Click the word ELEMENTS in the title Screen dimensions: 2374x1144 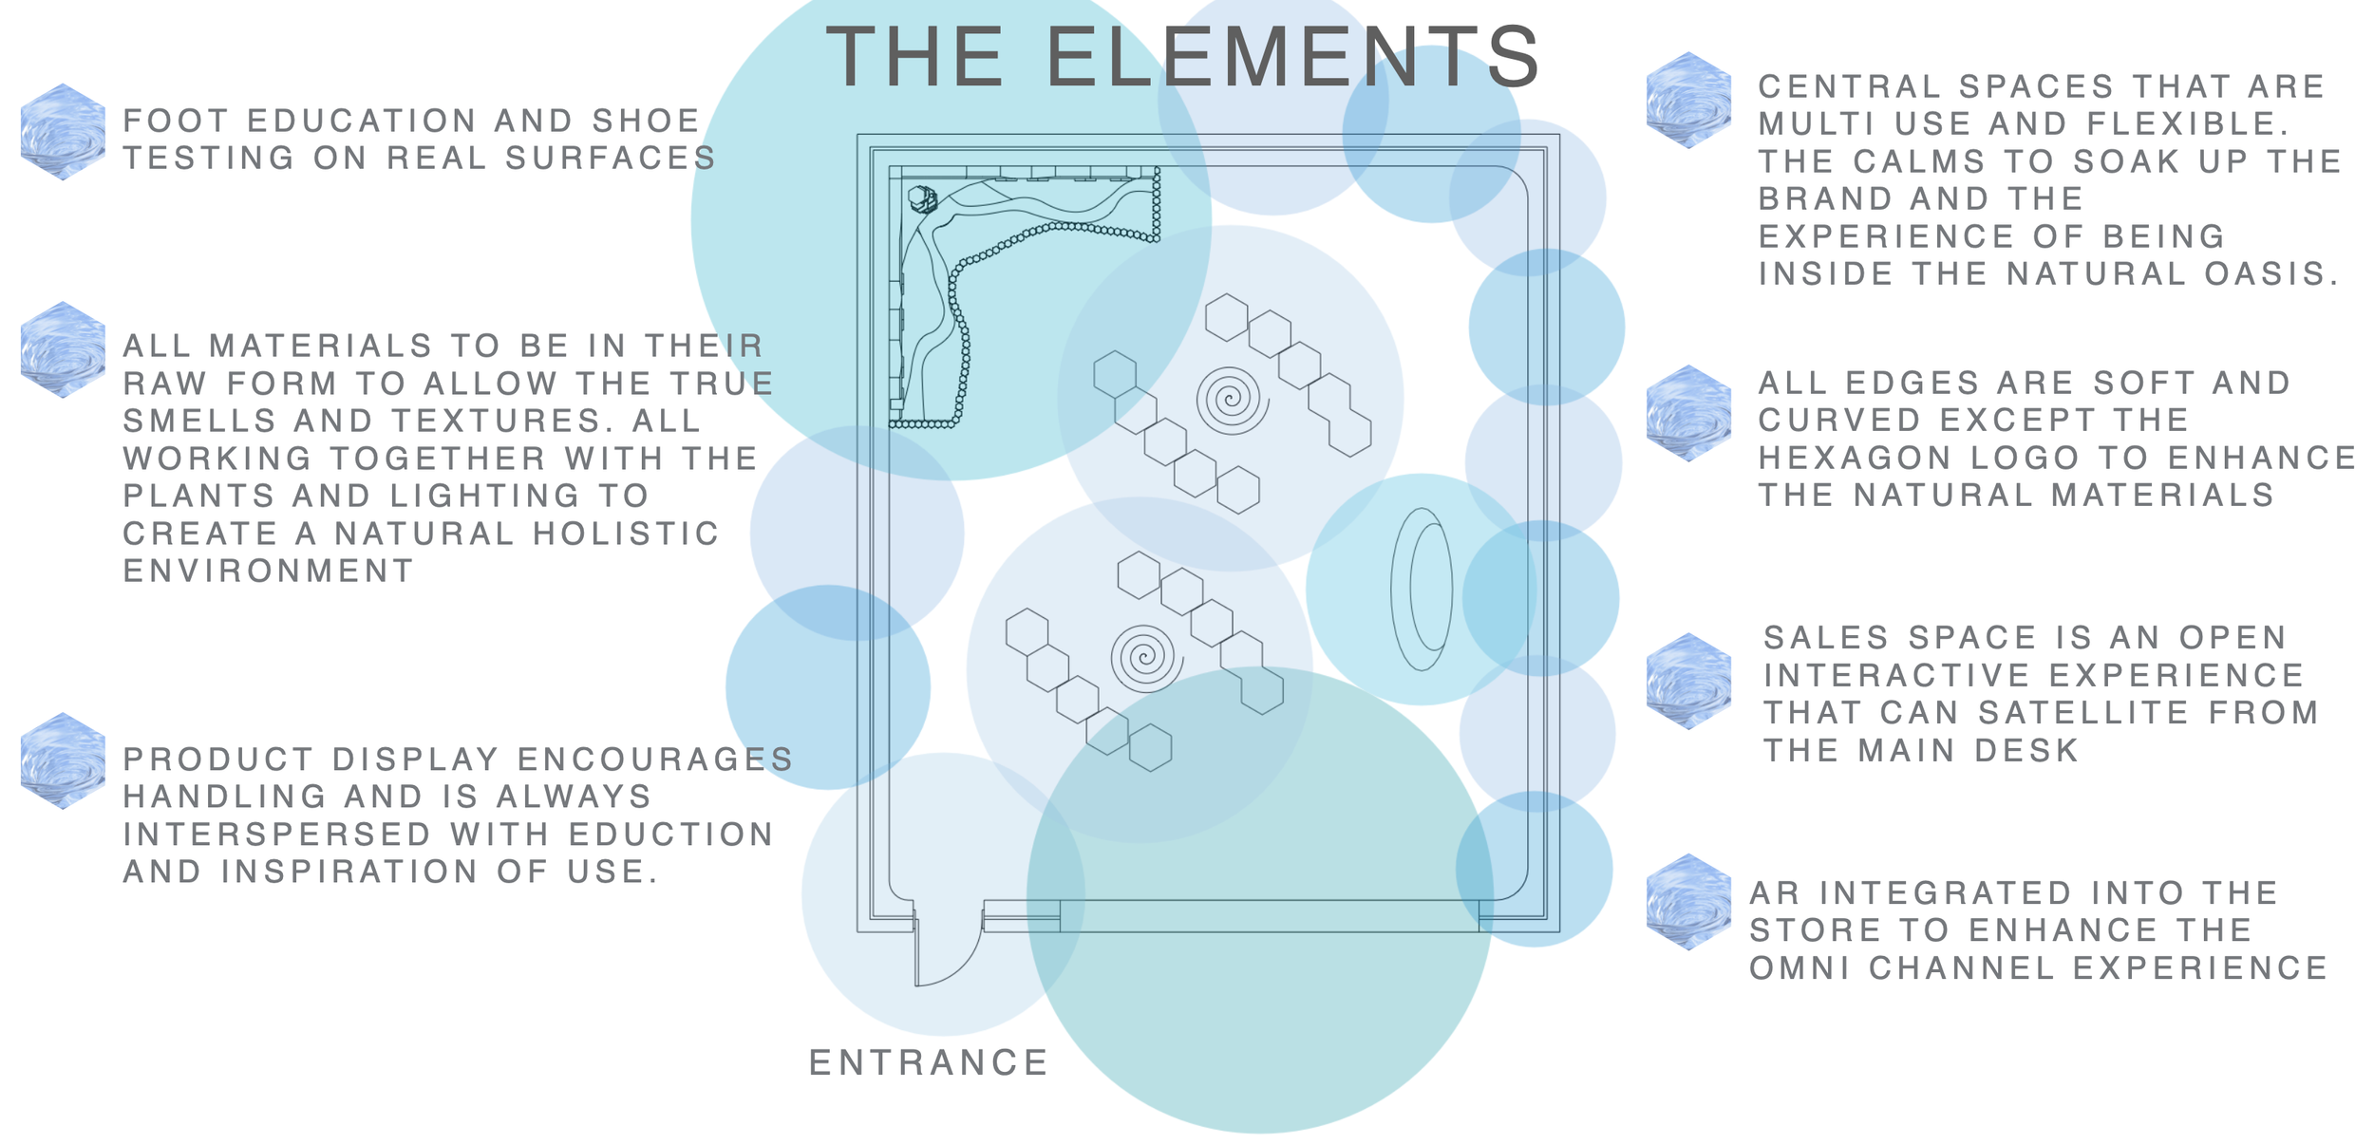1291,59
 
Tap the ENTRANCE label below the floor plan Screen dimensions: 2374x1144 928,1063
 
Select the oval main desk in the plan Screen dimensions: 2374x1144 1422,589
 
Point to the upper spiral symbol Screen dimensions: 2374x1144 1232,401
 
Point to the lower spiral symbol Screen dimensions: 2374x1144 1146,657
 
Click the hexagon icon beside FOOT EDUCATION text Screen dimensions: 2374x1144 63,131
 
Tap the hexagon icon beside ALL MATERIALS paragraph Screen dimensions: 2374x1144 63,349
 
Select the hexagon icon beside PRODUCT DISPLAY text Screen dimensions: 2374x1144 63,760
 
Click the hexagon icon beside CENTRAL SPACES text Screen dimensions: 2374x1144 1688,100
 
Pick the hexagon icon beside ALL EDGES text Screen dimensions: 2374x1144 1688,413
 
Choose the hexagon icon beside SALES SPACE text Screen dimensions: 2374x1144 1688,681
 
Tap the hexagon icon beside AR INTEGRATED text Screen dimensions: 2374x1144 1688,901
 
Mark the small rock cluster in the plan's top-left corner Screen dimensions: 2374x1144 922,199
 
